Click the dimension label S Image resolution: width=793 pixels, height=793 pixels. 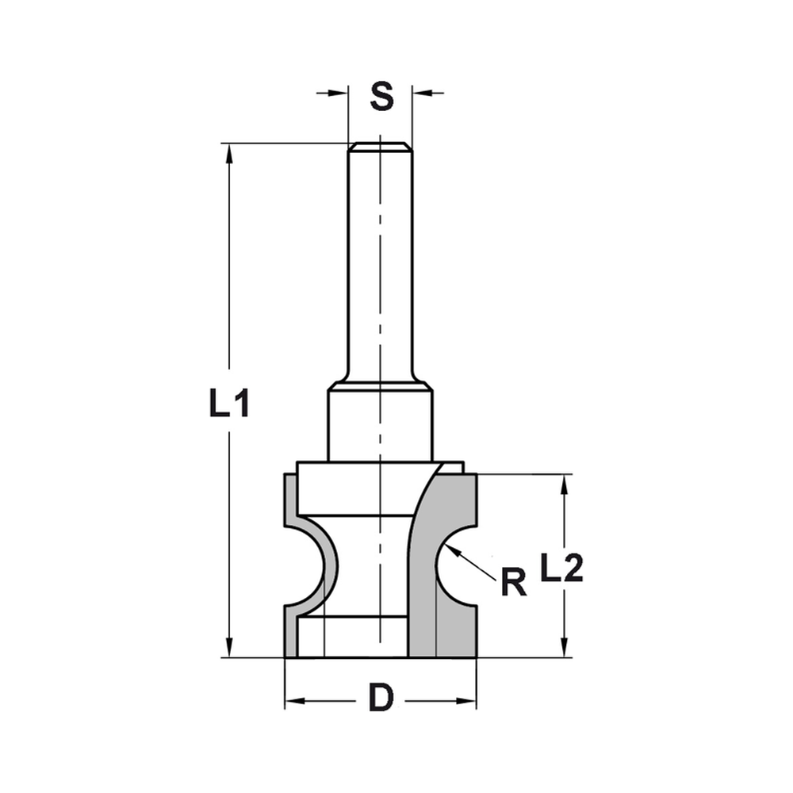(x=381, y=96)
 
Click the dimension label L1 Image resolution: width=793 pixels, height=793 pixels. (x=230, y=404)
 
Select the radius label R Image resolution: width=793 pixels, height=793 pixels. (x=514, y=583)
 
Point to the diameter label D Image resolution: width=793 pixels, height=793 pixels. (x=381, y=699)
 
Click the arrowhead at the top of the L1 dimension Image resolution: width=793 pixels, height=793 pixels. (x=229, y=152)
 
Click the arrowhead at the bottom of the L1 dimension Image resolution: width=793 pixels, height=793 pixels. (x=229, y=648)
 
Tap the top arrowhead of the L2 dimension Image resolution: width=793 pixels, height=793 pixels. (x=565, y=484)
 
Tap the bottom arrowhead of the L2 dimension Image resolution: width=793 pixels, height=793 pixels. (x=565, y=649)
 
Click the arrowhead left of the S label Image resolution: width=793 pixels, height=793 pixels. (x=339, y=94)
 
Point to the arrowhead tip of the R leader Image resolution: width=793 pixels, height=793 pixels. (x=449, y=548)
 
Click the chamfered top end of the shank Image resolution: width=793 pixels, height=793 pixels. (x=380, y=146)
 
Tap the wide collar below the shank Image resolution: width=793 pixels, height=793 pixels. (x=380, y=424)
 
